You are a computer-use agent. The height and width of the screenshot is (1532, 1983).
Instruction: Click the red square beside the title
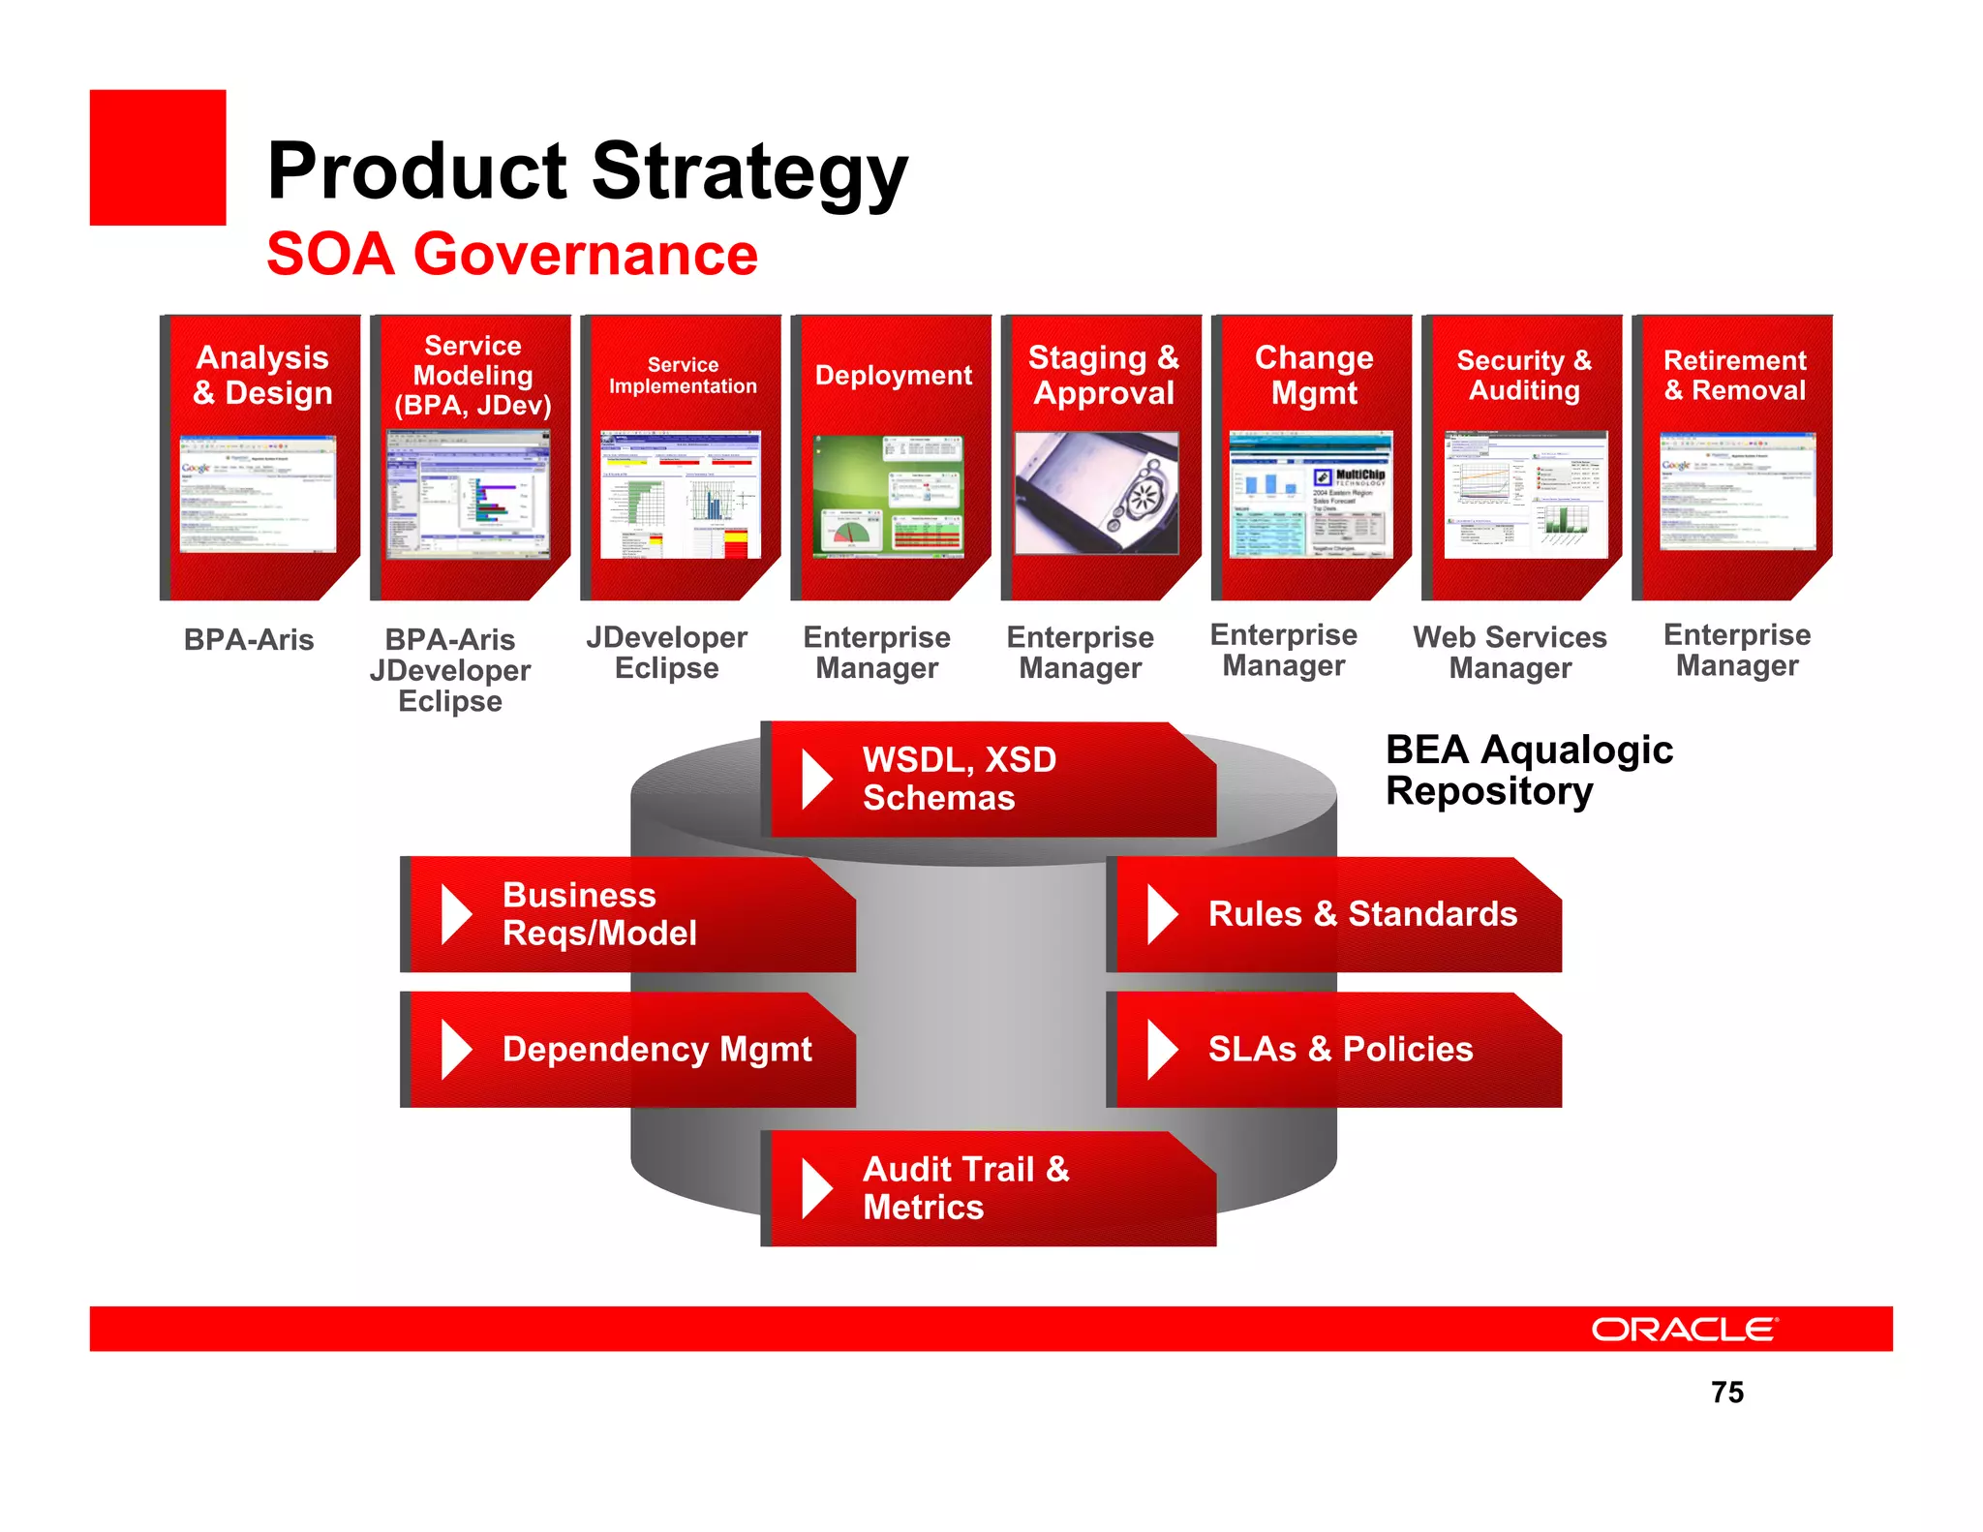tap(158, 158)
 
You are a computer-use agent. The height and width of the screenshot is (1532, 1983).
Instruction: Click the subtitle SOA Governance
tap(512, 255)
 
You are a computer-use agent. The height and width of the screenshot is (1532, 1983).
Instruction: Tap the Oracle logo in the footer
tap(1684, 1329)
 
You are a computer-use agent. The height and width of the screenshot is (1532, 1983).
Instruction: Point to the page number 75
tap(1726, 1393)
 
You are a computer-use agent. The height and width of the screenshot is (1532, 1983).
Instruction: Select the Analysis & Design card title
tap(262, 375)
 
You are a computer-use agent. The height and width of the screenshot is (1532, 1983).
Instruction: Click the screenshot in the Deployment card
tap(888, 496)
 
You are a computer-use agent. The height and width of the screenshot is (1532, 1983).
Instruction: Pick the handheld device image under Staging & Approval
tap(1097, 493)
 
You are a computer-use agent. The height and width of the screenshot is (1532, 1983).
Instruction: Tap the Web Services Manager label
tap(1510, 652)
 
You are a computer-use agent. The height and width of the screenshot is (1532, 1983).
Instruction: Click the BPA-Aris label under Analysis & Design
tap(249, 640)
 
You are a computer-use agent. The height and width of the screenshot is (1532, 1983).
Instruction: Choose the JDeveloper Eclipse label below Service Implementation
tap(666, 652)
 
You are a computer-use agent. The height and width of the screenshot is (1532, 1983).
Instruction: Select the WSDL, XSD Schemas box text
tap(959, 779)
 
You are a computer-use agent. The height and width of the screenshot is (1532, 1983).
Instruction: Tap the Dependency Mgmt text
tap(656, 1049)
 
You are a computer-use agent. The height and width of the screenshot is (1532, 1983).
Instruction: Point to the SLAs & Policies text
tap(1340, 1049)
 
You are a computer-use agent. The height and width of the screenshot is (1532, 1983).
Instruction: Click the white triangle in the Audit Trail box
tap(816, 1188)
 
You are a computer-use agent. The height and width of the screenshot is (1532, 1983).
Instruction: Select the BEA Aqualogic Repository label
tap(1528, 770)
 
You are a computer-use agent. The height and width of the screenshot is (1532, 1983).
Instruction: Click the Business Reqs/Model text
tap(598, 913)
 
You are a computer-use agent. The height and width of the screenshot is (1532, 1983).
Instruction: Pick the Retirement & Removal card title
tap(1734, 375)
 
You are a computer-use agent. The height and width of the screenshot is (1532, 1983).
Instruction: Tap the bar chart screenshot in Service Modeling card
tap(468, 496)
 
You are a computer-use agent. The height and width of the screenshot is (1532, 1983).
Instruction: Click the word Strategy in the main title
tap(749, 171)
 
